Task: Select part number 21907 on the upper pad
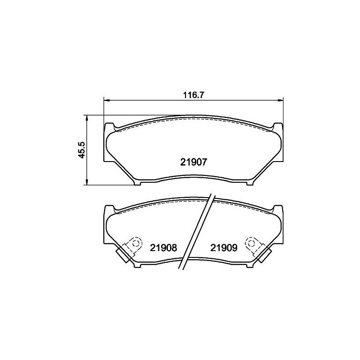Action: point(193,163)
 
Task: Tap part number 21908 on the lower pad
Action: point(164,247)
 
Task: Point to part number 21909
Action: point(224,247)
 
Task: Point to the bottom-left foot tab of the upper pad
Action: point(138,182)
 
